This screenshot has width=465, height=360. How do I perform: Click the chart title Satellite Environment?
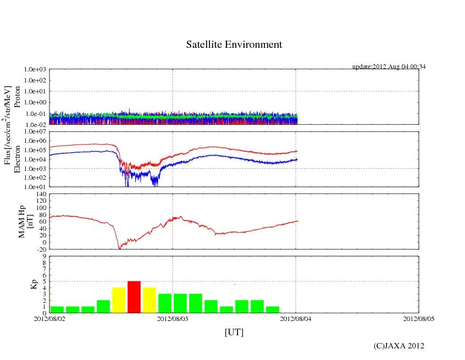coord(234,45)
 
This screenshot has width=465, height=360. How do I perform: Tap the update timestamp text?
coord(389,67)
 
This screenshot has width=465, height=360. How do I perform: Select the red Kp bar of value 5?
coord(134,297)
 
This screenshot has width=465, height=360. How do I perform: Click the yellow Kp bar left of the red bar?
coord(119,300)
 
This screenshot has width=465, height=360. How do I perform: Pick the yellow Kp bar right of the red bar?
coord(150,300)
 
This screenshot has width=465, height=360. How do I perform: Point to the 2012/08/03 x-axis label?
coord(173,318)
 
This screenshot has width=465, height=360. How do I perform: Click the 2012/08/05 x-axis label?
coord(419,318)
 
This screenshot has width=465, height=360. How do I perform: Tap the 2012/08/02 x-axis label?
coord(49,318)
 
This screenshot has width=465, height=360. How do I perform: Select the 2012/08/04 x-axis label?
coord(296,318)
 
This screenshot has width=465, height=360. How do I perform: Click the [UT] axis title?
coord(234,332)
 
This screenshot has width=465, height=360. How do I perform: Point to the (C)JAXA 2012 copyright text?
coord(398,346)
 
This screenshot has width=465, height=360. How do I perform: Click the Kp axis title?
coord(32,284)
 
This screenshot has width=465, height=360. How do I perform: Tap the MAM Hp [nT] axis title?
coord(26,221)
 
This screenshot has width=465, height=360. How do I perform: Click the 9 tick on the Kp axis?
coord(44,256)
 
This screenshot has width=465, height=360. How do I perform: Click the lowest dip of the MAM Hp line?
coord(119,248)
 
